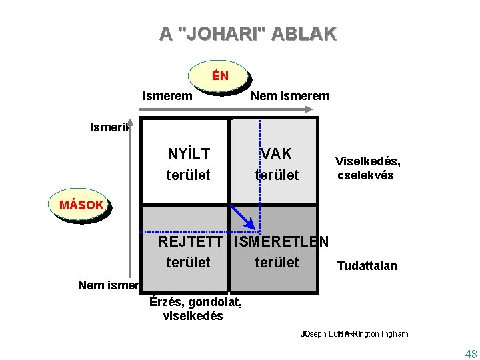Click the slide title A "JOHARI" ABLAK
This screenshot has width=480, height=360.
pos(248,33)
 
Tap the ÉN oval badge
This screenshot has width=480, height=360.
pos(220,76)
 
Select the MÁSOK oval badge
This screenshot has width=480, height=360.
pos(81,205)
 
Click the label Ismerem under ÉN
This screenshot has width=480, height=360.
pos(167,96)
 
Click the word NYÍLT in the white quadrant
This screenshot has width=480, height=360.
pos(189,154)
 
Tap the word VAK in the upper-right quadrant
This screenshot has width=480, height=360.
pos(277,154)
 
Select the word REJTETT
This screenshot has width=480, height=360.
pos(194,241)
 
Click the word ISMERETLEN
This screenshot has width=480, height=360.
pos(282,241)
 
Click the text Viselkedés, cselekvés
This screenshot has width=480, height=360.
pos(367,169)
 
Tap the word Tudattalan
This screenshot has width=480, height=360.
pos(367,267)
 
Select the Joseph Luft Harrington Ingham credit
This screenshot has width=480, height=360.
pos(354,334)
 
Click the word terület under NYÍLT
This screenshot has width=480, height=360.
pos(188,175)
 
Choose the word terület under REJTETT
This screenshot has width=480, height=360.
pos(188,262)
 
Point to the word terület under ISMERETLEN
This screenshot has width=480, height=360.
pos(277,262)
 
